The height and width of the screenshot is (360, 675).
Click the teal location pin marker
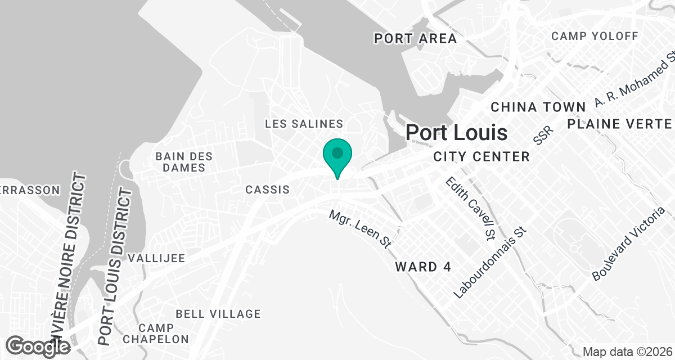[337, 155]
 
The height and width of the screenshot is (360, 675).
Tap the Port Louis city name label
[457, 133]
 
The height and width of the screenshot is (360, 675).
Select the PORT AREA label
[416, 39]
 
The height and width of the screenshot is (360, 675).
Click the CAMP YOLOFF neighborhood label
[595, 37]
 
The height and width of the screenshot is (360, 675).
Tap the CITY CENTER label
[481, 156]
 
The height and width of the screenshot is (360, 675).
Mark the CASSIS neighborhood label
[268, 190]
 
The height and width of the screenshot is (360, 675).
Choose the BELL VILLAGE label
[218, 314]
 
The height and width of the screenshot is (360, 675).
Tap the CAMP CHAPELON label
[156, 333]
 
